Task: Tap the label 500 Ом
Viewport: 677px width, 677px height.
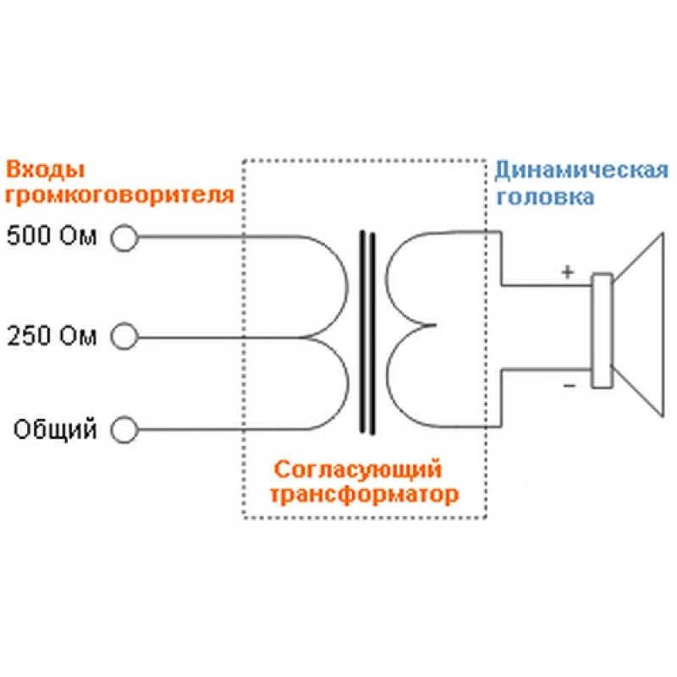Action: coord(52,237)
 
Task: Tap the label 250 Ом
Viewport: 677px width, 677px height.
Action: coord(52,338)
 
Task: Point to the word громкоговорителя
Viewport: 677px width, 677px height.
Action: coord(118,196)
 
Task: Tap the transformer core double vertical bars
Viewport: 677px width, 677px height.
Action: coord(367,332)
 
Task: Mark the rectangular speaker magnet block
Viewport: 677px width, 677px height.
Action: coord(602,331)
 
